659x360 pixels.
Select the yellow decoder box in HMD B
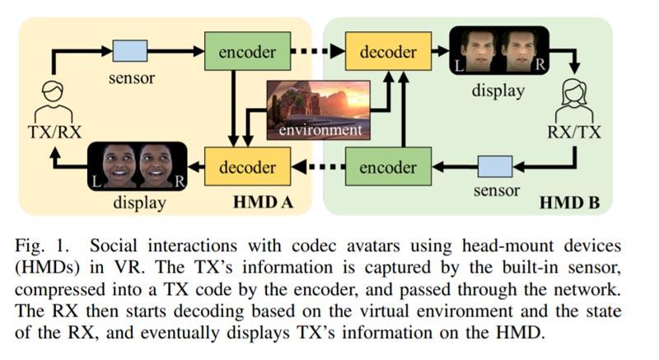[387, 52]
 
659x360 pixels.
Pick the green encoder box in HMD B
[387, 168]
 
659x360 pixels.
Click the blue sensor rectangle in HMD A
[130, 52]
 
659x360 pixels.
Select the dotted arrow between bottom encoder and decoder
[317, 168]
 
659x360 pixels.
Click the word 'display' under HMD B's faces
[498, 91]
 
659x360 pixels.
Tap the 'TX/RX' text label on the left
[54, 129]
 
